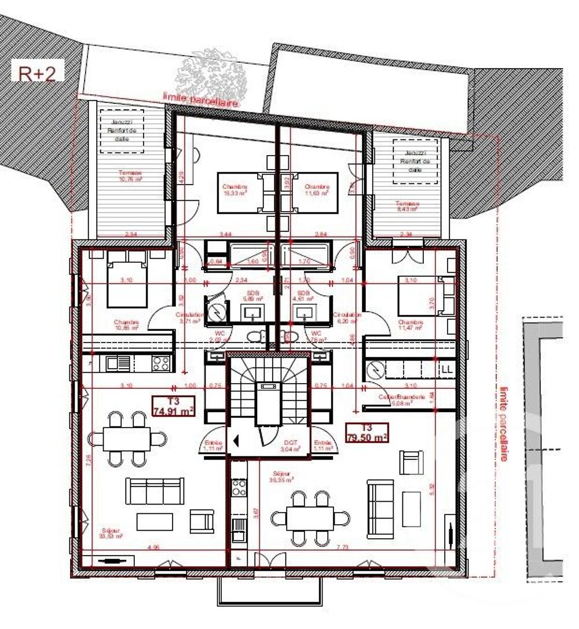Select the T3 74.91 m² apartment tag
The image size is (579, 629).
(x=173, y=406)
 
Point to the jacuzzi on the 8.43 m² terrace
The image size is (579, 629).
(x=415, y=155)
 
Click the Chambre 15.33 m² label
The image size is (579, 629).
(x=234, y=190)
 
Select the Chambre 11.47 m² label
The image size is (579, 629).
(x=410, y=325)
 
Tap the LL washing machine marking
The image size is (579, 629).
(x=447, y=368)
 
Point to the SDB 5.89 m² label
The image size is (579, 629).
(x=252, y=297)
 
